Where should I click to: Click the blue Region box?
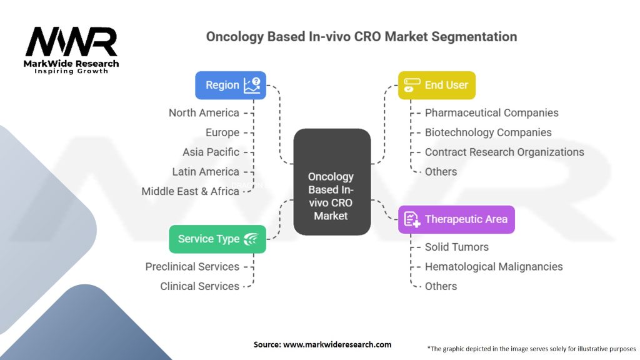click(x=231, y=85)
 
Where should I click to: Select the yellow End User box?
click(x=437, y=85)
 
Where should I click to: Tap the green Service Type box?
click(x=217, y=239)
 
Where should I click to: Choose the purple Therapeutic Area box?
click(x=456, y=219)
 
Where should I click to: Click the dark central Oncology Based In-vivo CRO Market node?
click(x=332, y=182)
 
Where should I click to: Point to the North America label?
click(x=204, y=112)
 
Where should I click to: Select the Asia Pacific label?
click(x=211, y=152)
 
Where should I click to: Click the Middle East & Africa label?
click(x=190, y=191)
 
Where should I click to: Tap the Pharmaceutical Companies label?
click(x=491, y=112)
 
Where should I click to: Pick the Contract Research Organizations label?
click(x=504, y=152)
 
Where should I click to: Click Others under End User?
click(x=441, y=171)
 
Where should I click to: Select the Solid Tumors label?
click(x=456, y=247)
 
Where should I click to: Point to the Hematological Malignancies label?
click(x=494, y=266)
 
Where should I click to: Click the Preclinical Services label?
click(x=192, y=266)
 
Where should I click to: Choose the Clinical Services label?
click(x=199, y=286)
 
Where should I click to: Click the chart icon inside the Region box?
click(x=252, y=85)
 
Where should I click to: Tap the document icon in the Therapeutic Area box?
click(x=412, y=219)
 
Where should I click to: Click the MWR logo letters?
click(x=71, y=42)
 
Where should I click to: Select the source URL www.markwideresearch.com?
click(x=337, y=344)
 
